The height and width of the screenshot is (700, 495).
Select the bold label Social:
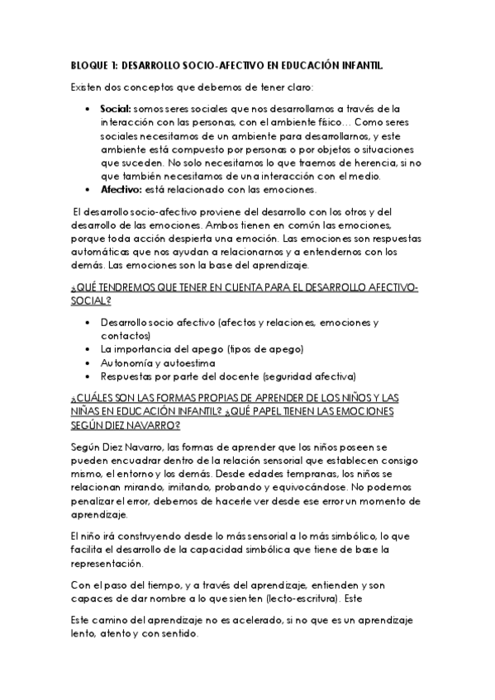point(115,108)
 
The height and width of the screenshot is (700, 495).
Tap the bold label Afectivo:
point(120,188)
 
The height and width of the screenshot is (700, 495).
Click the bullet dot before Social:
point(88,108)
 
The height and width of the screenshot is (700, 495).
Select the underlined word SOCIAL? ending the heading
point(91,301)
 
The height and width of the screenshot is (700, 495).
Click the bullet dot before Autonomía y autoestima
point(88,362)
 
